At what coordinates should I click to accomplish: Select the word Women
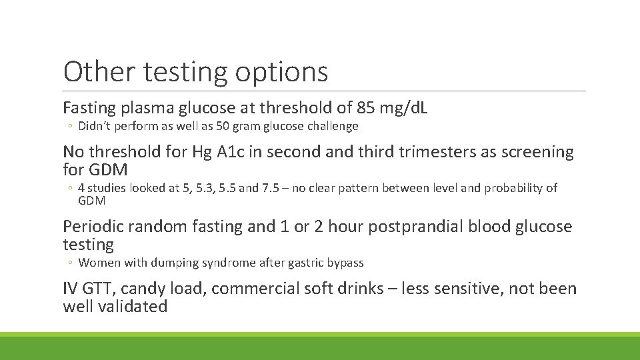[99, 263]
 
